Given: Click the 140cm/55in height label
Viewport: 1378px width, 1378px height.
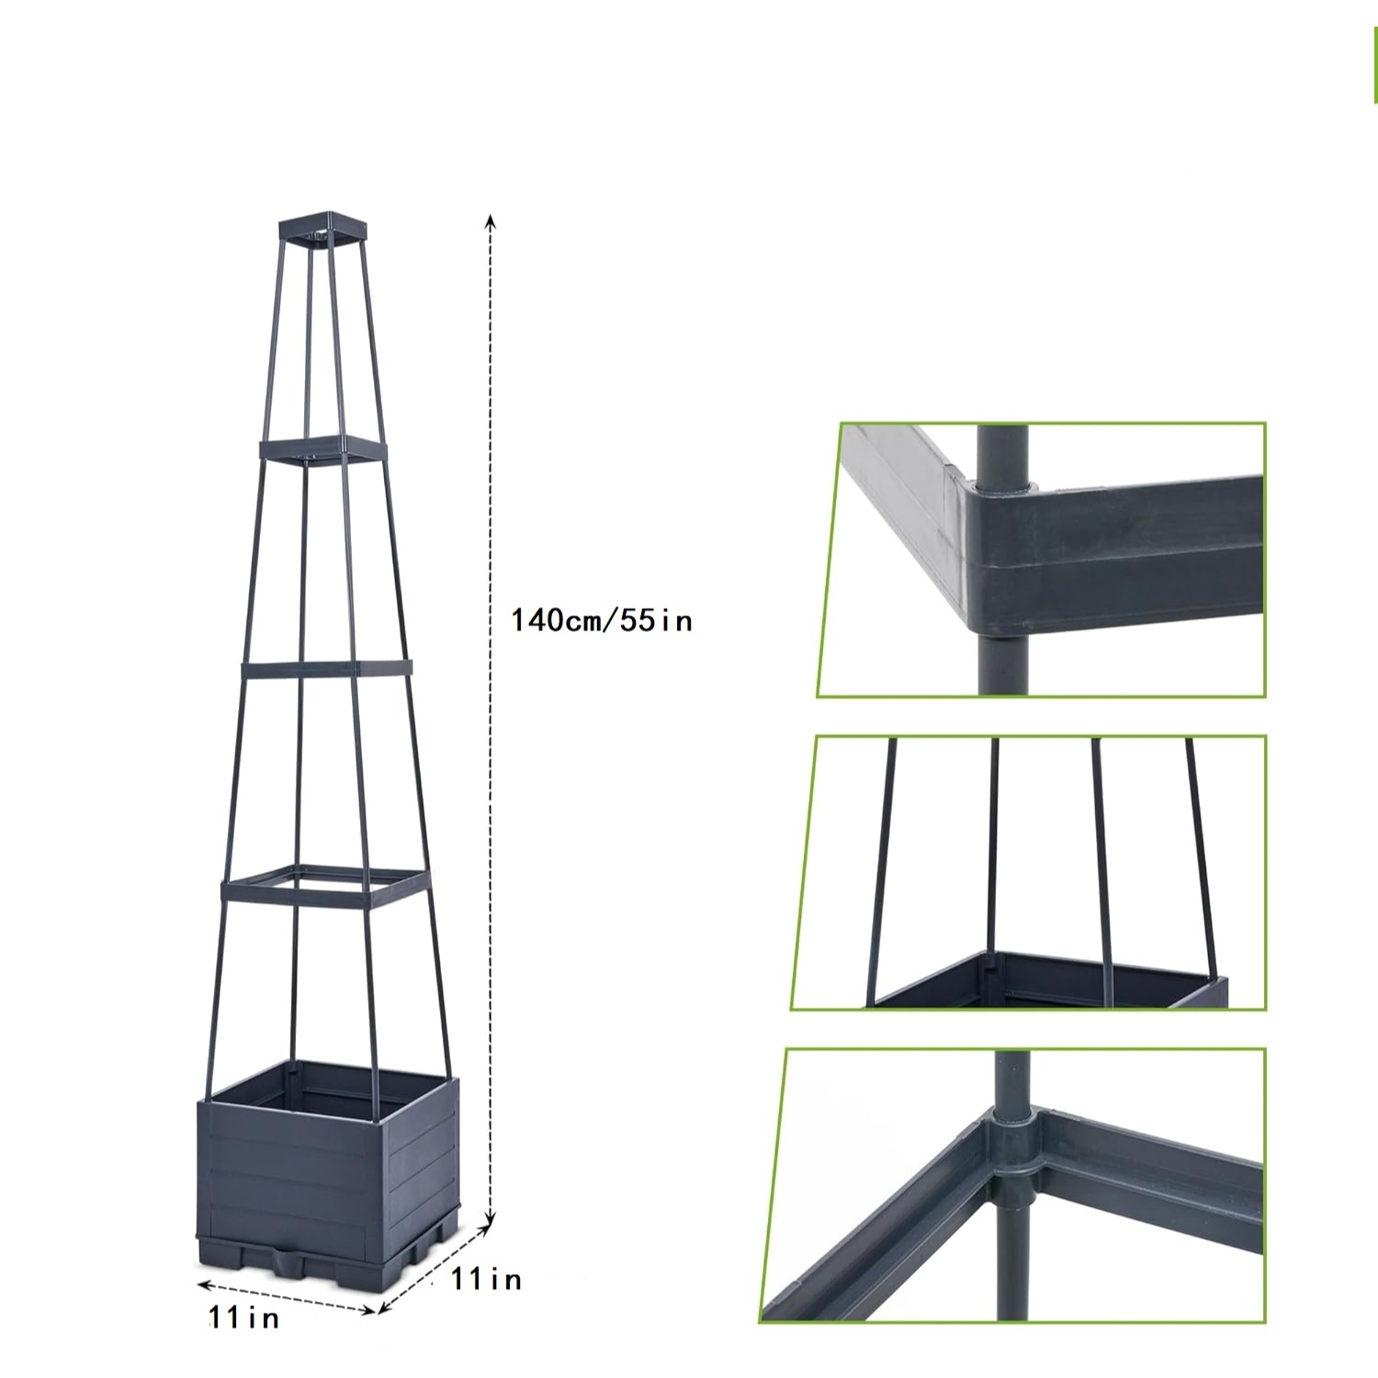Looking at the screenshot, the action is coord(601,620).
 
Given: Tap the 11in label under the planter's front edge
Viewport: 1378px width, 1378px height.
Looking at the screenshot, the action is coord(243,1317).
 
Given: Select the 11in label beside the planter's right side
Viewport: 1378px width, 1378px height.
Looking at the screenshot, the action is coord(486,1279).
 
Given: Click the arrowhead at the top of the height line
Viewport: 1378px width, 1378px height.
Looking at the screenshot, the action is coord(491,221).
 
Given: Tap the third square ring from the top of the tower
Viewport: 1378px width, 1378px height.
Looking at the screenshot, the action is coord(327,670).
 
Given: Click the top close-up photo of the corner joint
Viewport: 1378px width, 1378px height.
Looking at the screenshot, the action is coord(1041,559).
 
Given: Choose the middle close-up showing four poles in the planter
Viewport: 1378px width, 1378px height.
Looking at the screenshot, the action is coord(1028,873).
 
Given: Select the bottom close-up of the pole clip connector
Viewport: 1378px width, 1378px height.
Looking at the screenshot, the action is coord(1012,1185).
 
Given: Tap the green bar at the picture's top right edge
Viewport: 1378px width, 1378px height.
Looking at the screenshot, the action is coord(1375,64).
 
